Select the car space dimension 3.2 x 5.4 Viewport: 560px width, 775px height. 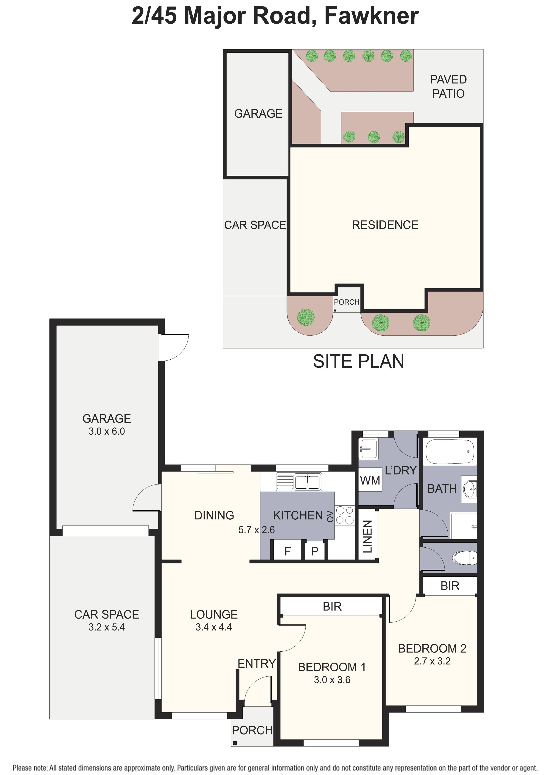coord(107,627)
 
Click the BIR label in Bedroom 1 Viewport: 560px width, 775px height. coord(332,607)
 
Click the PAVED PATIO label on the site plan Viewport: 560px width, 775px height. coord(448,86)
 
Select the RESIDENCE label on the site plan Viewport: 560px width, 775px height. coord(385,225)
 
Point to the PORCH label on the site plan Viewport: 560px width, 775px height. coord(346,302)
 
